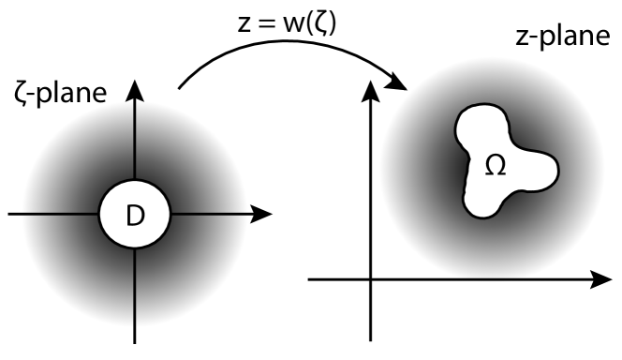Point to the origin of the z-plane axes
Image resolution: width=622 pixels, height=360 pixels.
[371, 278]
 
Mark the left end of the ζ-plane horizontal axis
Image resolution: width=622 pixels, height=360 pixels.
[8, 214]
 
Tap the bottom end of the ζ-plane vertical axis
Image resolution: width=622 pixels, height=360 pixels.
[136, 341]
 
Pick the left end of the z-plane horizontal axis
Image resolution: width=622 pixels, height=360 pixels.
[310, 278]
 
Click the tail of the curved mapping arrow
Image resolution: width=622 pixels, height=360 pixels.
[179, 91]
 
